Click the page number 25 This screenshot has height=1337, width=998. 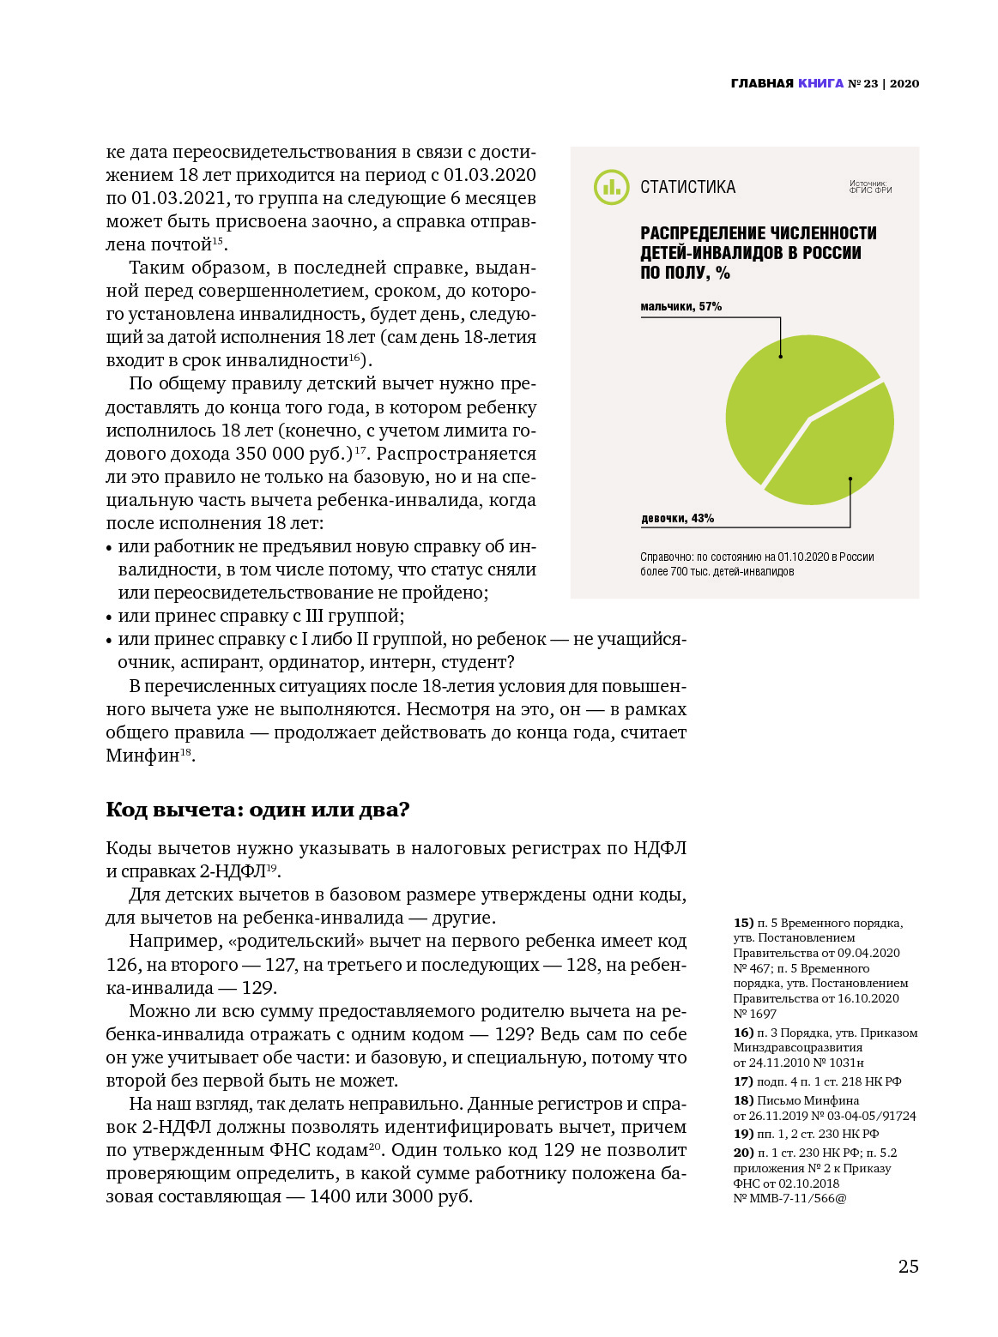point(908,1266)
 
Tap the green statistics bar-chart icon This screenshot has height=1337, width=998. point(611,187)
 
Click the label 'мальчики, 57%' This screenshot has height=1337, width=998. point(680,306)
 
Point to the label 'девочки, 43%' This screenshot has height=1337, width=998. point(677,518)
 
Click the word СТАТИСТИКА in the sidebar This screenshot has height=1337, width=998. point(687,187)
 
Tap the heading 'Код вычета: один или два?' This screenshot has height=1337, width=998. point(257,810)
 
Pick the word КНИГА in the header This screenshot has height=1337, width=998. point(820,83)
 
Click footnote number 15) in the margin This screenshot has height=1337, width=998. point(743,923)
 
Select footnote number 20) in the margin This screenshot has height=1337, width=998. point(743,1153)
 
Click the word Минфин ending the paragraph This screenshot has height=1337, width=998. point(142,756)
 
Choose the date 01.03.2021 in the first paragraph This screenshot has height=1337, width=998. point(178,198)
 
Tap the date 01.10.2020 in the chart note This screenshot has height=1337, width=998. point(804,557)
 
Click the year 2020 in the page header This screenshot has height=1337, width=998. point(904,83)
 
